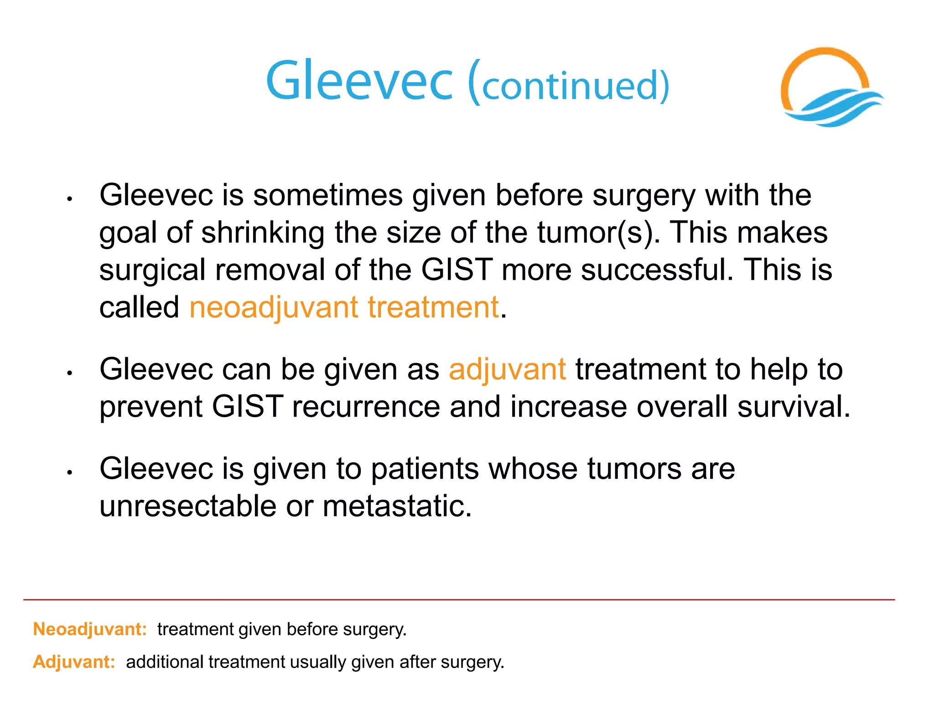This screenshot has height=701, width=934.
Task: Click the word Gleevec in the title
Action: click(x=359, y=81)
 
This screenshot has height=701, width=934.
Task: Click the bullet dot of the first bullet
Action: click(x=70, y=199)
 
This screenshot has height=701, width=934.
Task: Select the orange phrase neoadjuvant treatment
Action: click(x=344, y=307)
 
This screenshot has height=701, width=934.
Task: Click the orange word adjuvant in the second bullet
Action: click(x=507, y=369)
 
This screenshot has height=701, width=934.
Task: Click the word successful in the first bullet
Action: click(x=657, y=270)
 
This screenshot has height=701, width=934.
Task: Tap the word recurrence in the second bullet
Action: click(x=366, y=407)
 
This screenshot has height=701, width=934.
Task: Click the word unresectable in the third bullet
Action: click(x=188, y=506)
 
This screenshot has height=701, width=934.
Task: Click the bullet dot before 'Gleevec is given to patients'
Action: click(x=70, y=473)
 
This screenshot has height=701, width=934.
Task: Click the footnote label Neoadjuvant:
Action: click(x=90, y=629)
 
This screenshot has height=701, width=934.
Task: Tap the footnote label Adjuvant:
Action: click(x=74, y=662)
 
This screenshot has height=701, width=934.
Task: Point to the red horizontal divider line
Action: click(x=456, y=600)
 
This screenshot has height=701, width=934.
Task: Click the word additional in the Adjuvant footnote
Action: click(x=165, y=662)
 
